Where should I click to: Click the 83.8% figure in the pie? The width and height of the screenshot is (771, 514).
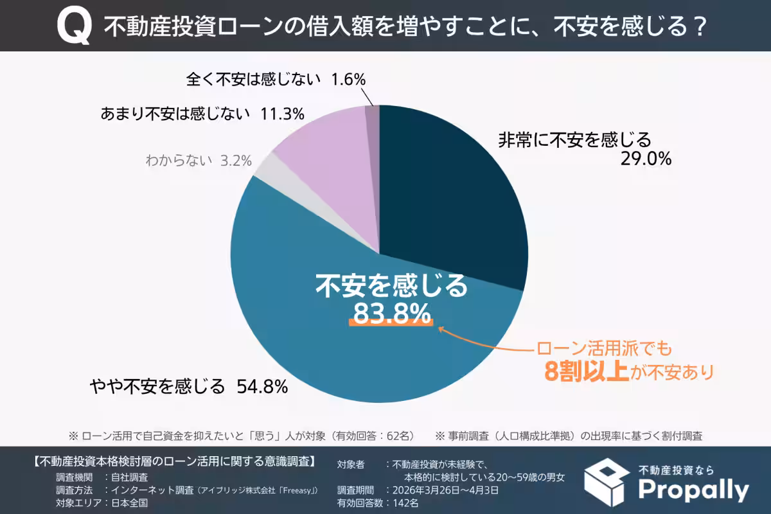coord(391,314)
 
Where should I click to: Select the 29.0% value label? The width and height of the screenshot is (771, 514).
coord(645,159)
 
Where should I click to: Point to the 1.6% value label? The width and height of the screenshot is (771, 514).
coord(348,80)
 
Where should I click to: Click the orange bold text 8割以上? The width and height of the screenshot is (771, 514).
coord(585,372)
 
